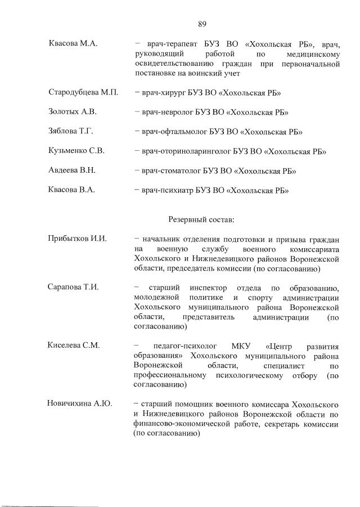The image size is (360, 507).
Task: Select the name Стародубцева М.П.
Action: point(83,92)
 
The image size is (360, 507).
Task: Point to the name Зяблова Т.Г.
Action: point(71,132)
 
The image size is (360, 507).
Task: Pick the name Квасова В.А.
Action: point(71,190)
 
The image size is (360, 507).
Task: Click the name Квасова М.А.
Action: point(73,44)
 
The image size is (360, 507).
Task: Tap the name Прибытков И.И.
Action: point(78,239)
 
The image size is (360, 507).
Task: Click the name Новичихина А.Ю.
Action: point(81,404)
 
